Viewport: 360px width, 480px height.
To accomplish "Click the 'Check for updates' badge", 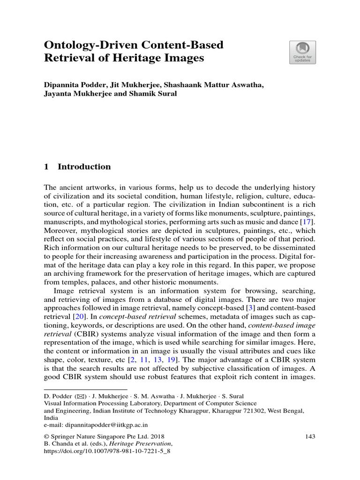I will pyautogui.click(x=302, y=52).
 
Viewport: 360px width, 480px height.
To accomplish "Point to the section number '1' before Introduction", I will pyautogui.click(x=46, y=167).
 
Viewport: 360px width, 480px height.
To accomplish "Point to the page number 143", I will pyautogui.click(x=309, y=436).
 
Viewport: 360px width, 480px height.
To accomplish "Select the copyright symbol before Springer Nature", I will pyautogui.click(x=46, y=437).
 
